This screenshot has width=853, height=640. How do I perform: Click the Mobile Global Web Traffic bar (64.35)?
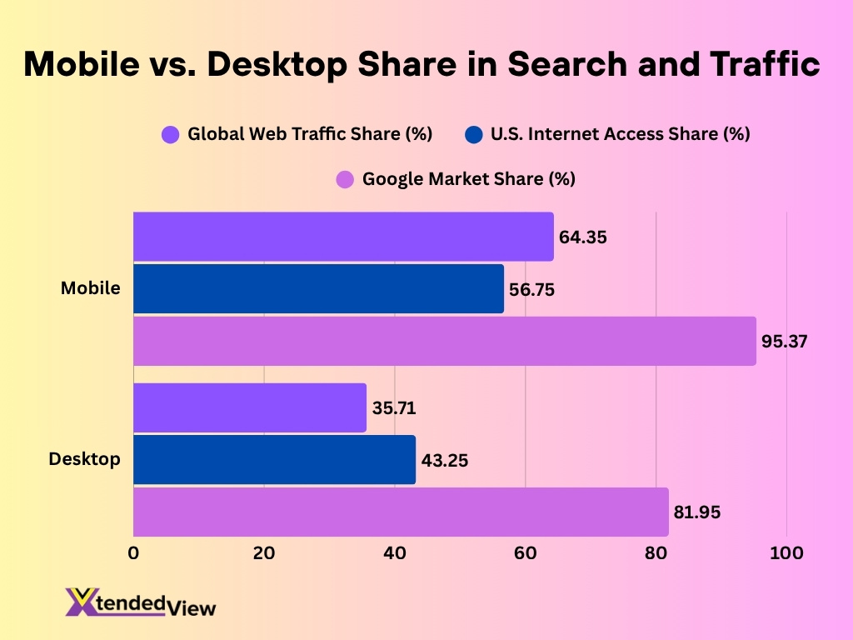pos(343,237)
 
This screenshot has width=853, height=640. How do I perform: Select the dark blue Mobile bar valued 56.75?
pos(318,289)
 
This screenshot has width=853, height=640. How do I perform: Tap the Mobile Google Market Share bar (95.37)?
pos(445,341)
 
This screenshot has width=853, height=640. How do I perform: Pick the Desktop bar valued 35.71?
pos(250,408)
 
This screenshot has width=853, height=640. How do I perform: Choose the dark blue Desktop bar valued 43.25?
pos(274,460)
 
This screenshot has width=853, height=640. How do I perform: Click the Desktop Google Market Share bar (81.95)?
pos(401,512)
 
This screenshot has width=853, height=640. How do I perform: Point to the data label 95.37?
pos(785,341)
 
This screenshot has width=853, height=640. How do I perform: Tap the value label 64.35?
pos(582,237)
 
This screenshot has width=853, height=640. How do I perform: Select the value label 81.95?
pos(697,512)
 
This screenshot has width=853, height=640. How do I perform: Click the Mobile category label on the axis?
pos(90,288)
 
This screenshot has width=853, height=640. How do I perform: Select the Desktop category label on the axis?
pos(84,459)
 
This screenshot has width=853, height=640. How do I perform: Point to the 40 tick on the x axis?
pos(395,553)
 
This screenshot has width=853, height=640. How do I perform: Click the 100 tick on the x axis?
pos(786,553)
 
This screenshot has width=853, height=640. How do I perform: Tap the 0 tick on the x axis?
pos(133,553)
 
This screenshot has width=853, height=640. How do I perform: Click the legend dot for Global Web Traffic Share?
pos(171,134)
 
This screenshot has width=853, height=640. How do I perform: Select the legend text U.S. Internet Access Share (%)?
pos(620,134)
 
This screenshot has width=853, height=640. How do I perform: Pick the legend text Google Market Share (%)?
pos(468,179)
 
